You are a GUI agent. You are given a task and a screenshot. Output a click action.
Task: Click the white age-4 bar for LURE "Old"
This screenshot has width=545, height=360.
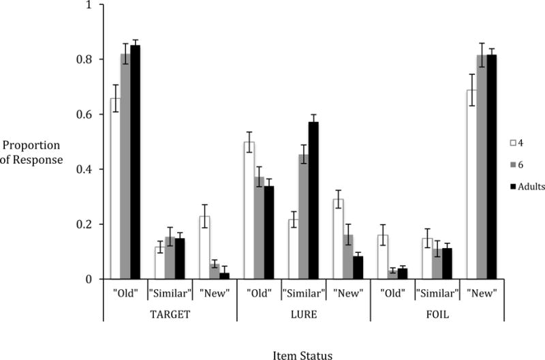coord(249,211)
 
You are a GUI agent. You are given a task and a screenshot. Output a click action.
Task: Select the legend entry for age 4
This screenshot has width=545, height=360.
coord(519,142)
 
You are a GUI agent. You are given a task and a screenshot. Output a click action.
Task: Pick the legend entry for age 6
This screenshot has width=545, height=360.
coord(519,164)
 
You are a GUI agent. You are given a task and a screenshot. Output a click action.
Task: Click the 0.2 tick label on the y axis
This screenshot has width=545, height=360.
coord(89,224)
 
